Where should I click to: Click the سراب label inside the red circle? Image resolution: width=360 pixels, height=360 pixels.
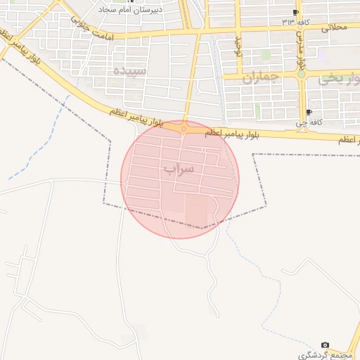pos(179,169)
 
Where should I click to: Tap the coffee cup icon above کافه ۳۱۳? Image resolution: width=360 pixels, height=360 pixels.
pos(296,13)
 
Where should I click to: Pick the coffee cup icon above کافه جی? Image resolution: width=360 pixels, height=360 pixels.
pos(309,112)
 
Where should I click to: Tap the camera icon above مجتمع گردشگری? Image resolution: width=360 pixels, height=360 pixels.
pos(325,345)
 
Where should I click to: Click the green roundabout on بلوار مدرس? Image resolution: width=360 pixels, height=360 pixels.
pos(301,74)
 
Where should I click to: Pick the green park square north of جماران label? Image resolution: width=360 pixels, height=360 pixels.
pos(266,54)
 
